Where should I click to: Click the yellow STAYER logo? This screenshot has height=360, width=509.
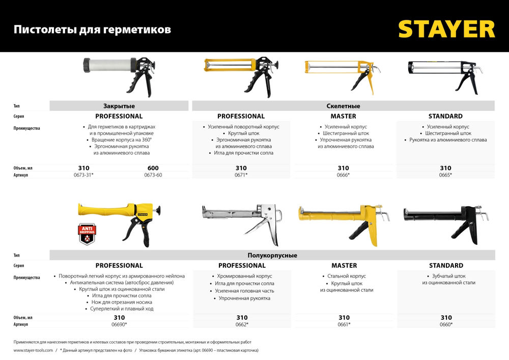[x=446, y=29]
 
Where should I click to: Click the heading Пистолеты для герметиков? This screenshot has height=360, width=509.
[x=92, y=30]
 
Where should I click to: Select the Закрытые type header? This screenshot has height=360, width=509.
[x=119, y=106]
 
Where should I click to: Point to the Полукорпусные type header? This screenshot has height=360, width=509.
[x=273, y=255]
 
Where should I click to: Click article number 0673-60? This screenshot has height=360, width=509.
[x=153, y=175]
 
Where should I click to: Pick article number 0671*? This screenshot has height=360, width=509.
[x=241, y=175]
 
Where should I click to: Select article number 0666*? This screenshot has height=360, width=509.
[x=343, y=175]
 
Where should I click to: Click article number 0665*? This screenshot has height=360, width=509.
[x=445, y=175]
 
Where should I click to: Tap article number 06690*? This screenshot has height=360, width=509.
[x=119, y=324]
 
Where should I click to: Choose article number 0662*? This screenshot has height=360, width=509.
[x=242, y=324]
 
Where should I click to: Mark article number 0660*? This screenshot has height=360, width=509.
[x=445, y=324]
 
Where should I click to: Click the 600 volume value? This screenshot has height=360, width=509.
[x=153, y=168]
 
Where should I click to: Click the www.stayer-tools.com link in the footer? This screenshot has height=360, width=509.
[x=33, y=350]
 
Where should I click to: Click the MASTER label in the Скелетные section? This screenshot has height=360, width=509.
[x=343, y=116]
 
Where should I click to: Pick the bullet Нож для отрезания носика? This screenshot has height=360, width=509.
[x=119, y=302]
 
